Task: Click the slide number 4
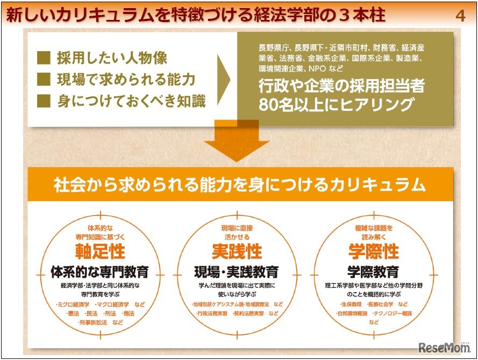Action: [460, 15]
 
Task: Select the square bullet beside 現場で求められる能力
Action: [44, 80]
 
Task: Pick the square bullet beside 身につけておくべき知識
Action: [44, 101]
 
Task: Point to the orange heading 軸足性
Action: [99, 252]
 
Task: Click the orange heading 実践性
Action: [237, 252]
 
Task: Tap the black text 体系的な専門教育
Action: [99, 271]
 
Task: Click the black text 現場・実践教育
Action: [237, 271]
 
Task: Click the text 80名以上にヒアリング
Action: [336, 104]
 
